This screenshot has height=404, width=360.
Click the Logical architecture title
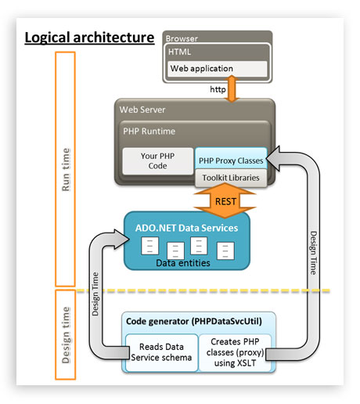89,38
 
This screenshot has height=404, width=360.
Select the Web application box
218,69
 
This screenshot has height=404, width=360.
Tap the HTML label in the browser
179,52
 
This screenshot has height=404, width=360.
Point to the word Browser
182,38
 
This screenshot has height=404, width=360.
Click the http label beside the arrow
218,89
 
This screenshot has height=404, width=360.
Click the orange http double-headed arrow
232,88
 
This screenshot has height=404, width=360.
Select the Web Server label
142,110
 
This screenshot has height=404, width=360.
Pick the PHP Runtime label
149,131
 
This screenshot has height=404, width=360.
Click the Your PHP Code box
158,161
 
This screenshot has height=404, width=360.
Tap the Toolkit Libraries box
231,178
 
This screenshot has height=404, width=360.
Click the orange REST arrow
225,201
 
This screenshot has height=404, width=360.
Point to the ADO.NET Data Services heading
186,228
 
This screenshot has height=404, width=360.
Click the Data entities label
183,263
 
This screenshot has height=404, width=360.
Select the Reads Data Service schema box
161,352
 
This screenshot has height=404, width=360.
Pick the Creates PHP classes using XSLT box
235,352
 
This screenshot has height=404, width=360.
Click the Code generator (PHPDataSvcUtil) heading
194,322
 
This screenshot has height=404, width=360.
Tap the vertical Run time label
66,170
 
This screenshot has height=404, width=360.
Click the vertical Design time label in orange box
66,335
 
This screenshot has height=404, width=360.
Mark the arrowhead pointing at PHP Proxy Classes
273,159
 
